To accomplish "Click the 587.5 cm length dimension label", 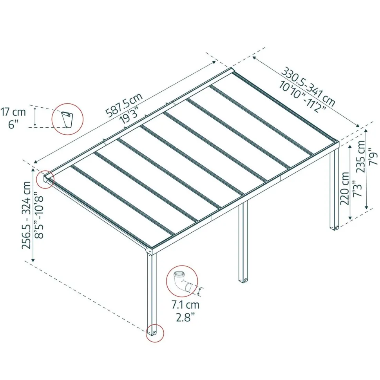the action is [124, 105].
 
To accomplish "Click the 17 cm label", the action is [13, 112].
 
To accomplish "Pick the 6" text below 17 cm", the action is [13, 125].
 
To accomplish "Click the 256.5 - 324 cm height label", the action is [26, 215].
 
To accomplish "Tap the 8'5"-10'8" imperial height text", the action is [39, 215].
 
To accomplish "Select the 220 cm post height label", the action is [345, 189].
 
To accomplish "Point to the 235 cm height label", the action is [361, 156].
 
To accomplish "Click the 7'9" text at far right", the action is [373, 159].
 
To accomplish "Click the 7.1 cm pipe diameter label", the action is [185, 305].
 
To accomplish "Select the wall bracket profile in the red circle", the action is [67, 119].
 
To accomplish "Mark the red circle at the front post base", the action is [155, 333].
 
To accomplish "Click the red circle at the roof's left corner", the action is [45, 179].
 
